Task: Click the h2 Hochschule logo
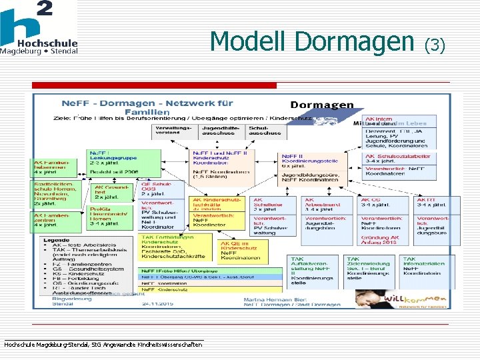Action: click(39, 28)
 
